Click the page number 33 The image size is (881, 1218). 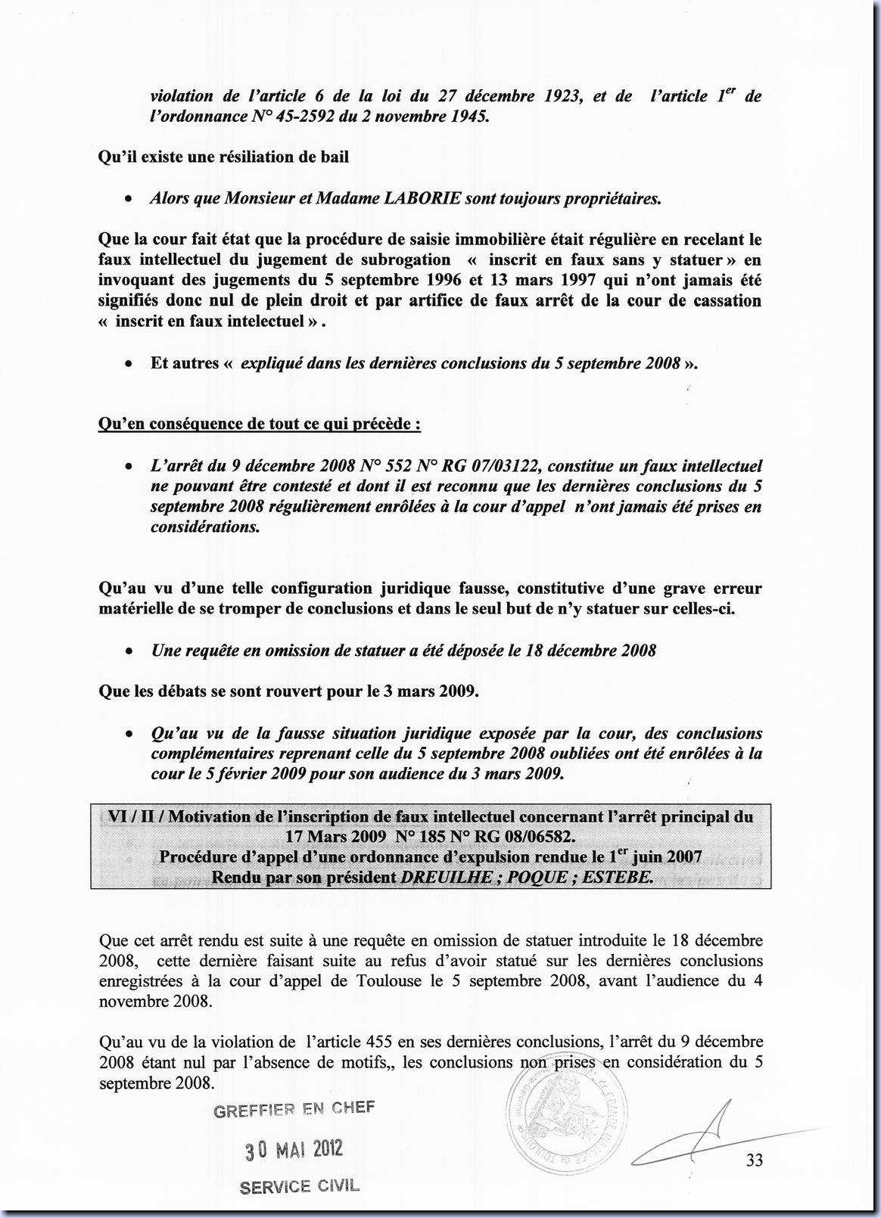click(754, 1160)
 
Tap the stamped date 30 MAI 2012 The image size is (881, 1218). click(294, 1149)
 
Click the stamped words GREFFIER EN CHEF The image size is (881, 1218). click(294, 1109)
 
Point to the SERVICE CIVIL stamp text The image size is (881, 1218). click(300, 1186)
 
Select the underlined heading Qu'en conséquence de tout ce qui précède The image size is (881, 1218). click(260, 424)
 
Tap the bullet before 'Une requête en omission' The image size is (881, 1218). click(131, 651)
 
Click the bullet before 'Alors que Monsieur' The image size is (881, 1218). click(131, 199)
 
